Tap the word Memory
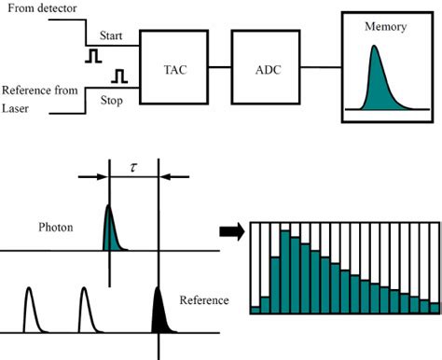(x=386, y=27)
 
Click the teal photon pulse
(x=109, y=230)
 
